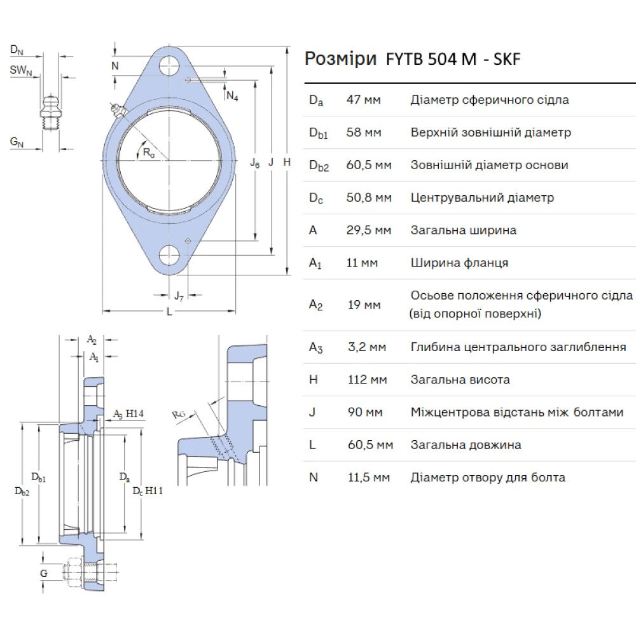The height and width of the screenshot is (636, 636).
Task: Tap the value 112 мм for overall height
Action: [366, 380]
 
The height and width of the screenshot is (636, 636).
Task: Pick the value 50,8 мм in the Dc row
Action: [368, 198]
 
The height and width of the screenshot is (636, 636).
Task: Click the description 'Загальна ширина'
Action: [463, 230]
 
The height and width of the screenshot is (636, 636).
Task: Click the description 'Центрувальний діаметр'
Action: [482, 198]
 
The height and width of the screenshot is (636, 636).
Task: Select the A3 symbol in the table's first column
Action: [315, 347]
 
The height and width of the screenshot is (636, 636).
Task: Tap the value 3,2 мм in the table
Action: [366, 347]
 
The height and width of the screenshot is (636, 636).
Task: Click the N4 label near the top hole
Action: [232, 96]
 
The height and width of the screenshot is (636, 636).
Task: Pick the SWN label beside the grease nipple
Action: [21, 71]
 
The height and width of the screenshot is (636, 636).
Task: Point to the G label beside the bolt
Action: [43, 574]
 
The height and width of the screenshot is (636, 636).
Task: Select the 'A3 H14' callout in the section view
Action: [128, 414]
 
